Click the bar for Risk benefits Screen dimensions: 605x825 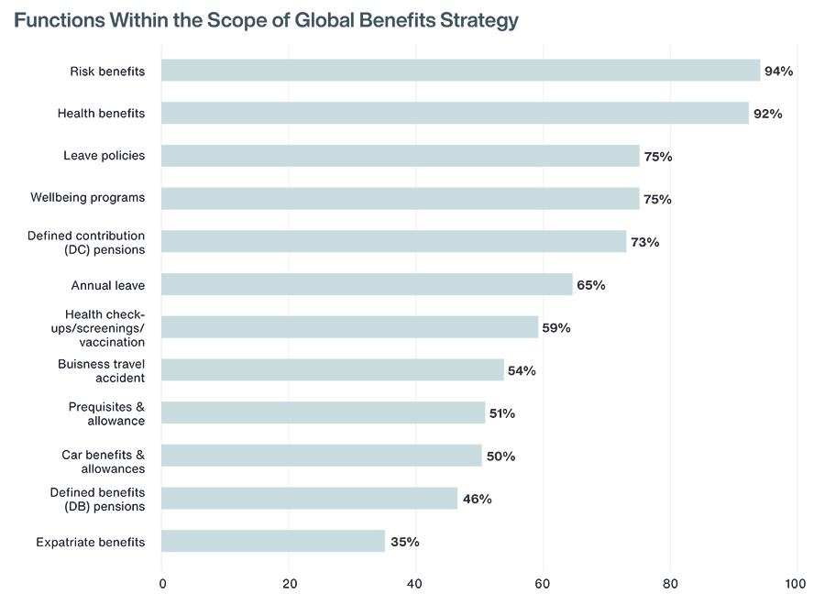point(460,71)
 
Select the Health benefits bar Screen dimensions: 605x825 point(455,114)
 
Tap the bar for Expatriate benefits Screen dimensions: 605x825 point(273,541)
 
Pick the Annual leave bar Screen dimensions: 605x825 point(367,284)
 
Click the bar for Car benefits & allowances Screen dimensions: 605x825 point(321,456)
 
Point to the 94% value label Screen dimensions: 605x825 point(778,71)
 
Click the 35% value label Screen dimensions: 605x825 point(404,542)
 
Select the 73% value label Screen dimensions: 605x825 point(644,242)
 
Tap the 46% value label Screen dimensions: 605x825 point(477,499)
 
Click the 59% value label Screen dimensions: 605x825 point(555,327)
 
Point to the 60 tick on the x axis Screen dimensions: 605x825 point(543,584)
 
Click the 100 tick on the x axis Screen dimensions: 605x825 point(795,584)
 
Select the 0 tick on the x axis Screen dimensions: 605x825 point(162,584)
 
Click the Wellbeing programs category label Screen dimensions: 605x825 point(87,198)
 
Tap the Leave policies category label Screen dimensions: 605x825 point(104,156)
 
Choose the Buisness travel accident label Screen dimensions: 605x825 point(101,370)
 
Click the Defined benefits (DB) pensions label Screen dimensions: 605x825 point(97,499)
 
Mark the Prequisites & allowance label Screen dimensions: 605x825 point(106,413)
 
